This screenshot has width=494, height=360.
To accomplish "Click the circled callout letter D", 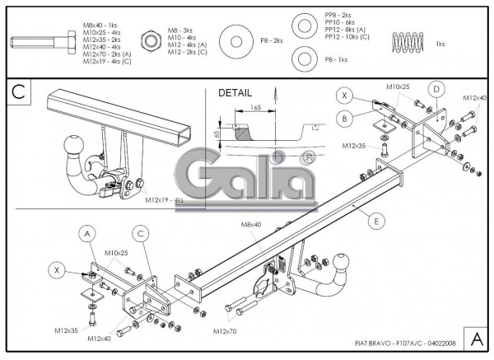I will [x=437, y=88].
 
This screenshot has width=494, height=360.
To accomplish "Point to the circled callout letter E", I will [x=376, y=220].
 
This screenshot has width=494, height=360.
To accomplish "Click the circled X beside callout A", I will [x=56, y=269].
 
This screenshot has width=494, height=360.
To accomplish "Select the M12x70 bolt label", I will [x=225, y=331].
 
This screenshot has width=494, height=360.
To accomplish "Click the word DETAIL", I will [x=235, y=92].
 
